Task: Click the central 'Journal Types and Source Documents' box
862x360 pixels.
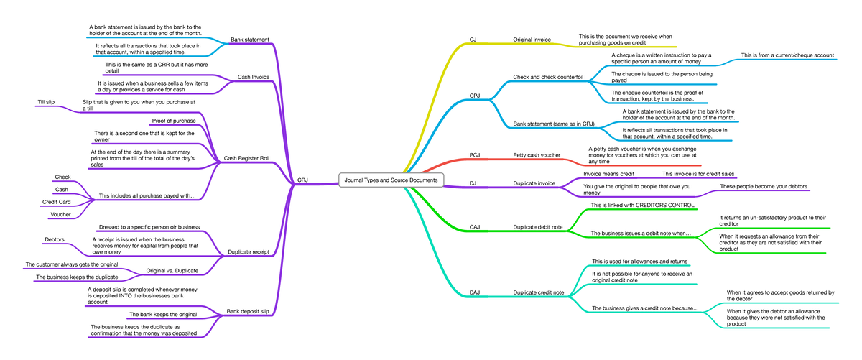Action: pyautogui.click(x=391, y=180)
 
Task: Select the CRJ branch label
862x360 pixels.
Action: pyautogui.click(x=302, y=180)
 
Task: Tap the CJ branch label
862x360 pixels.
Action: pyautogui.click(x=473, y=40)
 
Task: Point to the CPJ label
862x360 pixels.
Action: pyautogui.click(x=475, y=96)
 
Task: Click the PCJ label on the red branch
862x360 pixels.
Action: pyautogui.click(x=475, y=154)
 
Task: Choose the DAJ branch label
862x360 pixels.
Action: pyautogui.click(x=475, y=292)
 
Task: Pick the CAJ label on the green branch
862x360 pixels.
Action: pyautogui.click(x=475, y=227)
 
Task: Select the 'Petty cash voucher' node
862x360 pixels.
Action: pyautogui.click(x=537, y=154)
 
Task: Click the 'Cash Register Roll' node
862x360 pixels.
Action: pyautogui.click(x=246, y=158)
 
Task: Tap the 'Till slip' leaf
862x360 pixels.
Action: pyautogui.click(x=46, y=101)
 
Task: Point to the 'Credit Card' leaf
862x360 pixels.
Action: pyautogui.click(x=56, y=202)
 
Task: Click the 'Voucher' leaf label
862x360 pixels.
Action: pyautogui.click(x=60, y=214)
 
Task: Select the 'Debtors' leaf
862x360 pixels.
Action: pyautogui.click(x=55, y=239)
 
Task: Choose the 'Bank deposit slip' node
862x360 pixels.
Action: pyautogui.click(x=247, y=311)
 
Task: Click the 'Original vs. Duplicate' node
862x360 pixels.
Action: pyautogui.click(x=172, y=270)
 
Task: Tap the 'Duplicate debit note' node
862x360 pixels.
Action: pyautogui.click(x=537, y=227)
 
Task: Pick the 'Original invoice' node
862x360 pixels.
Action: pyautogui.click(x=532, y=40)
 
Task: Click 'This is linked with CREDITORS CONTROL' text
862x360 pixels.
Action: pyautogui.click(x=643, y=205)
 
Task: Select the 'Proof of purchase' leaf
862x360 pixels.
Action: pyautogui.click(x=174, y=121)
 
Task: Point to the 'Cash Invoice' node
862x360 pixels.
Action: pyautogui.click(x=253, y=77)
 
